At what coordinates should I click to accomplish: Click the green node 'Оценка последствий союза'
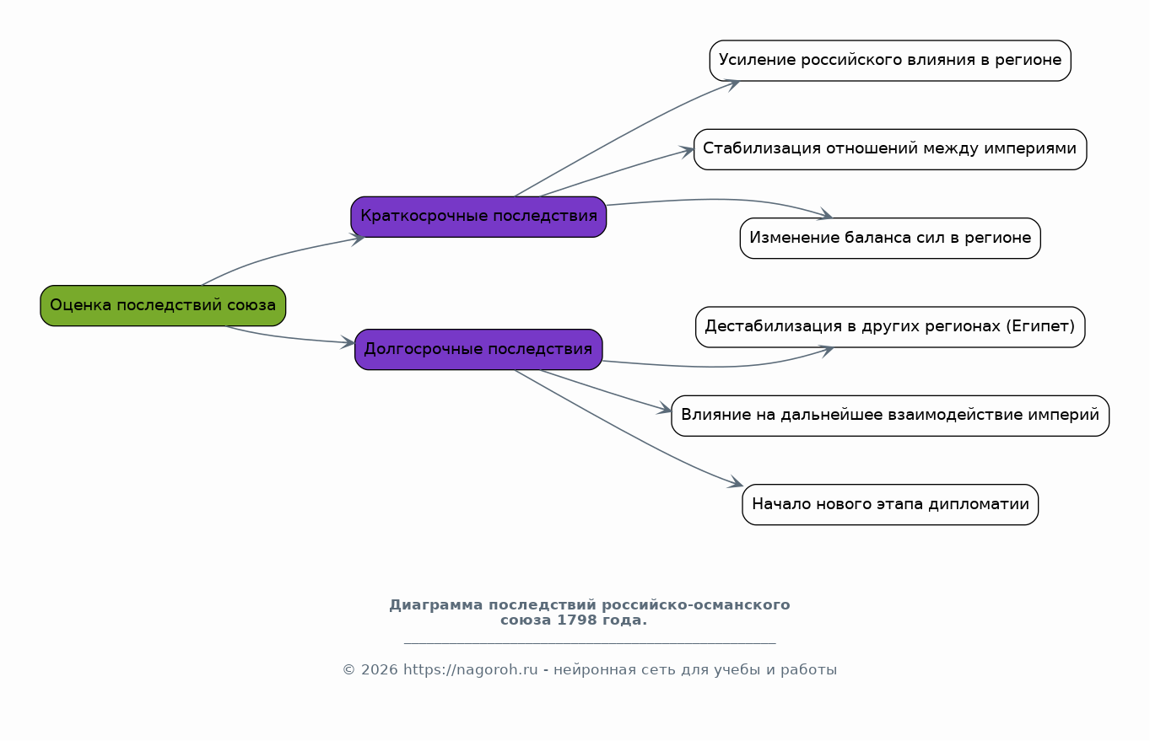coord(163,306)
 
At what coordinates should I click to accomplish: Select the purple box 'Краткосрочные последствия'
coord(478,217)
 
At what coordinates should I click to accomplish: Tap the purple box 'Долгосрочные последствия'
coord(478,349)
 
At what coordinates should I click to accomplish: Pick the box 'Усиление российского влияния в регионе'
coord(890,61)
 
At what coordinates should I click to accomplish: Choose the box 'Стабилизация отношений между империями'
coord(890,149)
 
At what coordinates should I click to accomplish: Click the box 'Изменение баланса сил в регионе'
coord(890,238)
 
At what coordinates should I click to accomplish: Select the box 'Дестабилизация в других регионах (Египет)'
coord(890,326)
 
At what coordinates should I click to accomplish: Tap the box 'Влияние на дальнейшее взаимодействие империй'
coord(890,416)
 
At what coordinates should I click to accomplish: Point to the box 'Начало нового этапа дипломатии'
coord(890,504)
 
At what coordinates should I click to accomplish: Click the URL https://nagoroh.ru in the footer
coord(470,669)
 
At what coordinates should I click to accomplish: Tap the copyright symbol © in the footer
coord(349,669)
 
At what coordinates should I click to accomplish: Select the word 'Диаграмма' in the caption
coord(436,605)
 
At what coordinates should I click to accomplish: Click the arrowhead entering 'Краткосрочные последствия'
coord(359,239)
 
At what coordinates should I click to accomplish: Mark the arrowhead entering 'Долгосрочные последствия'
coord(348,342)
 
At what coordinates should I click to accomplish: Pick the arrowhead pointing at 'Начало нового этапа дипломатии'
coord(737,482)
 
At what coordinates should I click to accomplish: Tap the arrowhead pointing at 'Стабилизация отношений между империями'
coord(687,152)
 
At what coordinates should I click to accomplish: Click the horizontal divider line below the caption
coord(590,643)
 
